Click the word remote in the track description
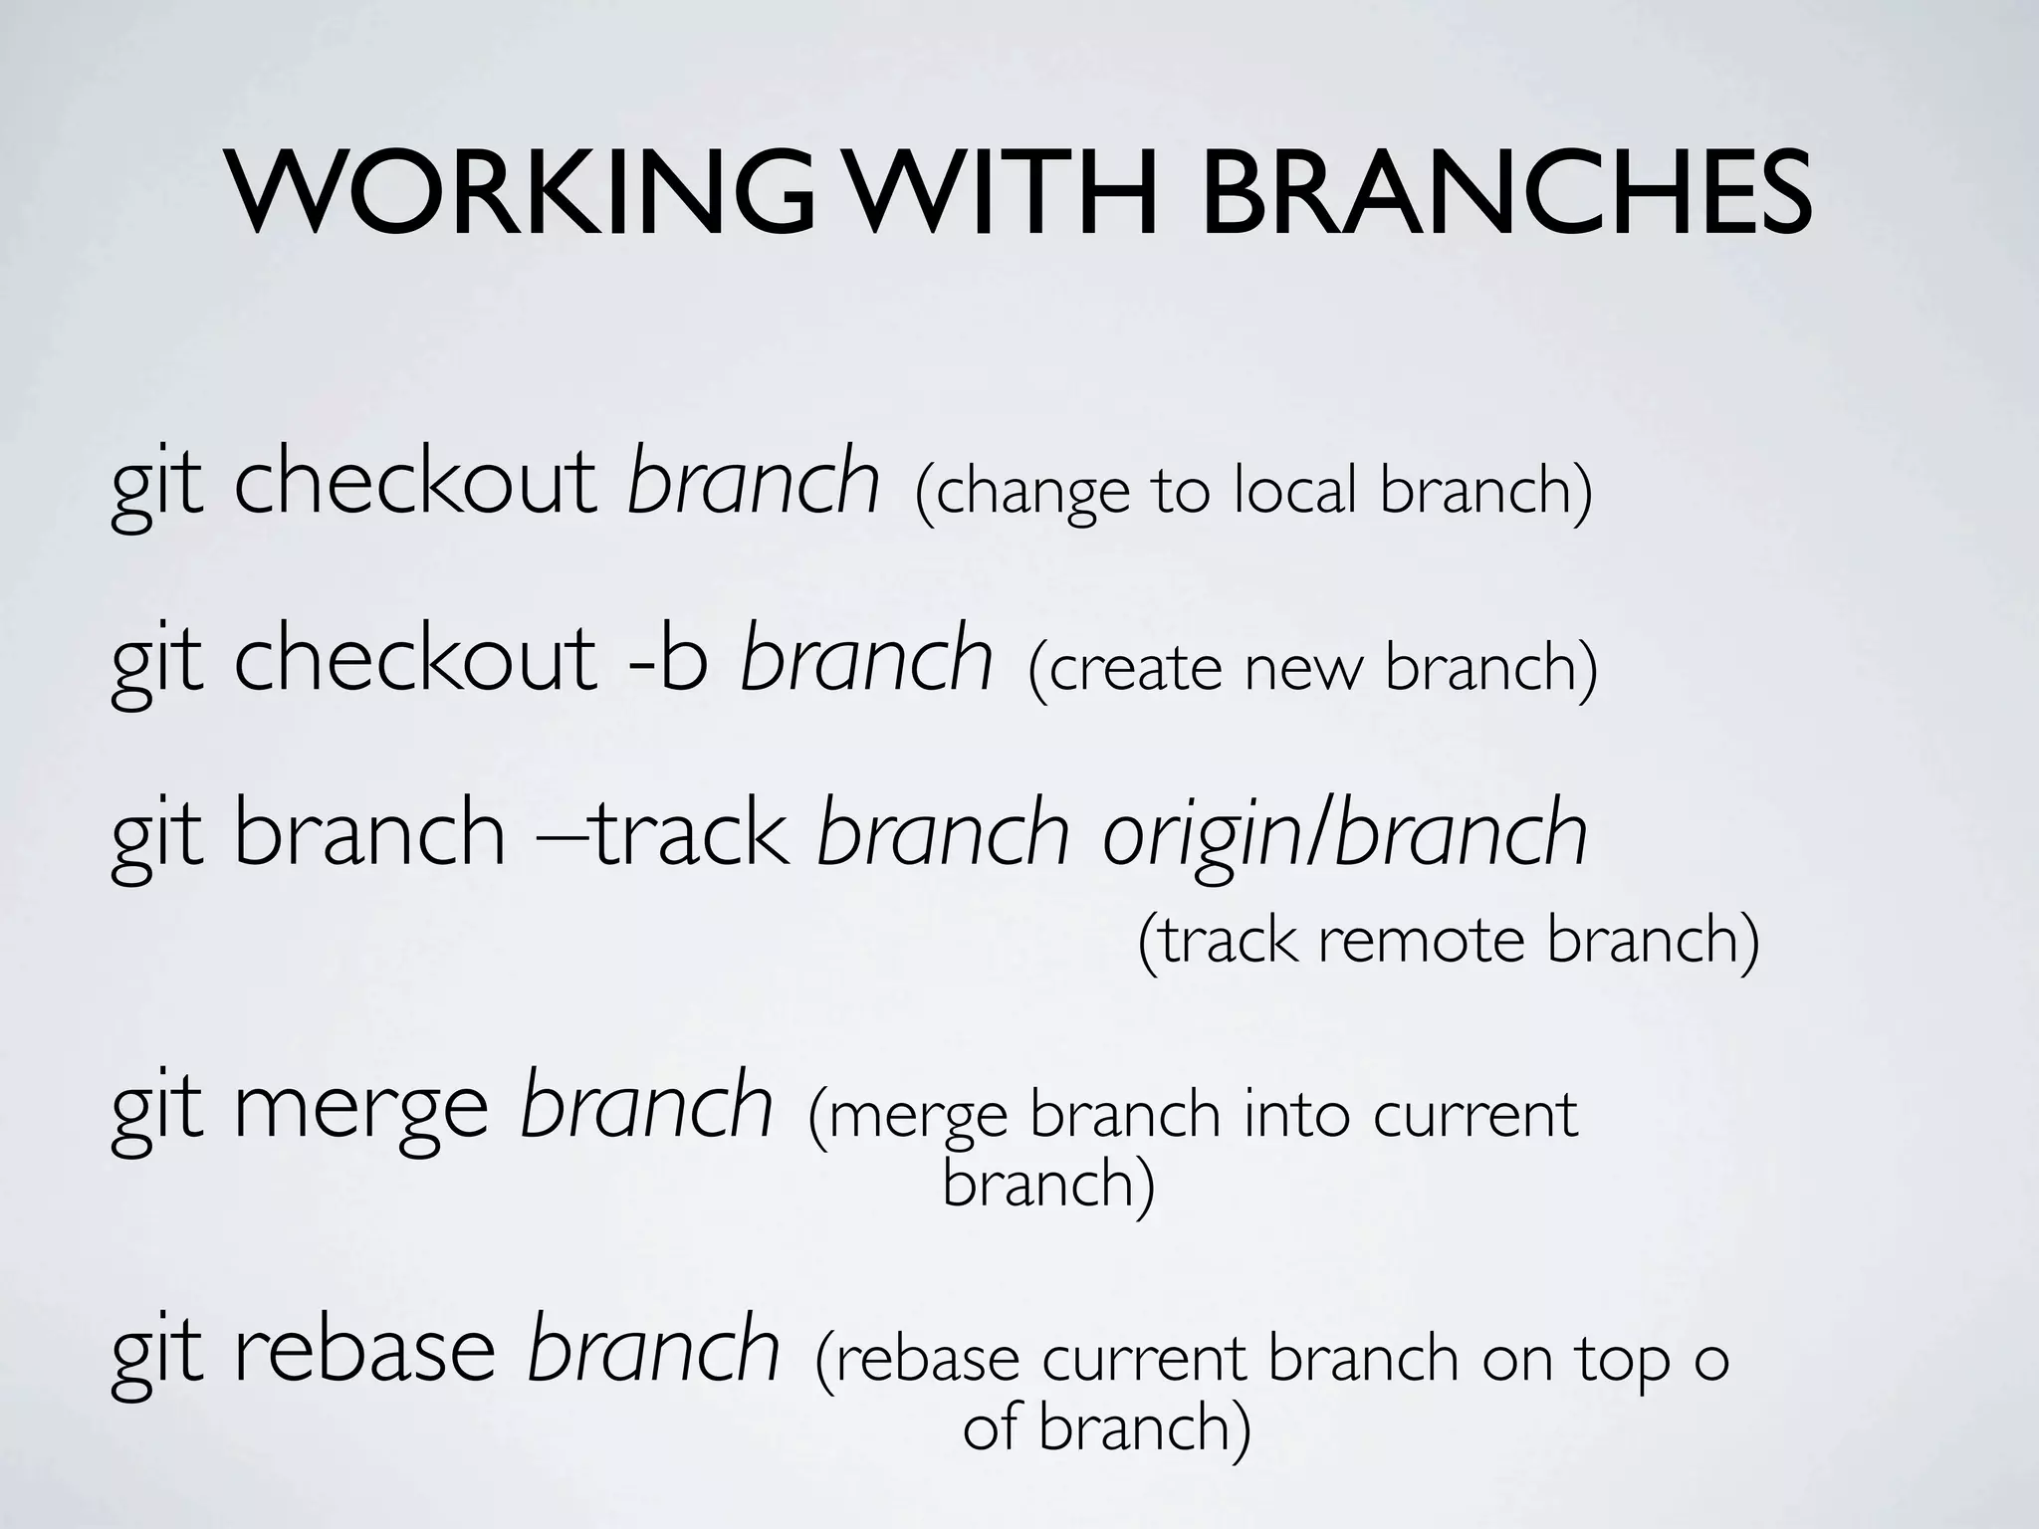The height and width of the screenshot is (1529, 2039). tap(1422, 940)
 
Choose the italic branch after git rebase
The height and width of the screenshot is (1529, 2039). tap(653, 1349)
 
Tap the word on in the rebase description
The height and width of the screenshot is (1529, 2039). tap(1517, 1359)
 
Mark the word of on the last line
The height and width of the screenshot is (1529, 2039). tap(990, 1428)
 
